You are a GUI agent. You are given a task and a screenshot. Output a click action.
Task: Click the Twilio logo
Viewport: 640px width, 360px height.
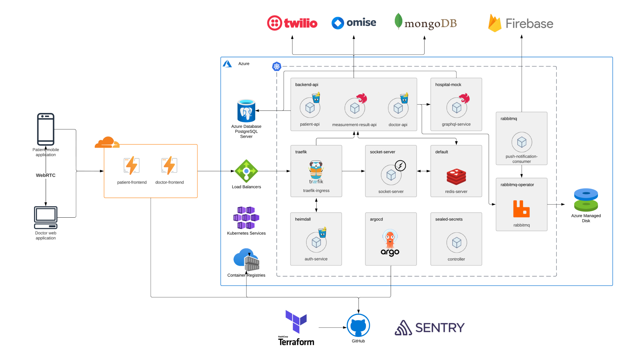coord(292,23)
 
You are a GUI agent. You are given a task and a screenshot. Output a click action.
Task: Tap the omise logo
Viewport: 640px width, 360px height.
coord(354,23)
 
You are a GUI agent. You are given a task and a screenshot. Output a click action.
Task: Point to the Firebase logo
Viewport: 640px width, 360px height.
coord(521,23)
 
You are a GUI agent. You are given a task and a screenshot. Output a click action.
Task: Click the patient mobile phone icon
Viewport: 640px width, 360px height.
coord(46,129)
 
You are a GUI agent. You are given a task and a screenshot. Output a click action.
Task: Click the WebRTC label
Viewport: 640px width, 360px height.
coord(46,175)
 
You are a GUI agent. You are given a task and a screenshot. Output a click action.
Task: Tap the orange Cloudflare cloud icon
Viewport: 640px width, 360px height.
coord(107,142)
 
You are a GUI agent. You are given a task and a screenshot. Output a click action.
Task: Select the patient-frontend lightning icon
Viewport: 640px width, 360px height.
coord(132,166)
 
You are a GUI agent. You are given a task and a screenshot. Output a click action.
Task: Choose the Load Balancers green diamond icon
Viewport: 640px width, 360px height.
coord(246,171)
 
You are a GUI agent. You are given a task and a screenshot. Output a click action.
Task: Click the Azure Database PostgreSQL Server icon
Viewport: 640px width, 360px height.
coord(246,111)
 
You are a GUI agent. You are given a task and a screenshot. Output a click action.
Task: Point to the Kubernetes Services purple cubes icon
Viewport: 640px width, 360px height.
coord(246,218)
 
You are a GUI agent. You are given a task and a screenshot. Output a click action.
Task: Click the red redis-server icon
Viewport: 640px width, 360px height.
coord(456,177)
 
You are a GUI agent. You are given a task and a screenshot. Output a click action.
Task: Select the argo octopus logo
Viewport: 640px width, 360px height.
coord(390,243)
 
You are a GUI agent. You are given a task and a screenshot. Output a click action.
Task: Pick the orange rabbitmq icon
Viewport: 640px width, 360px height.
coord(521,209)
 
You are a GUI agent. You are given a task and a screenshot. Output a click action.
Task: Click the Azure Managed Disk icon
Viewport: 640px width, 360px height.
coord(586,200)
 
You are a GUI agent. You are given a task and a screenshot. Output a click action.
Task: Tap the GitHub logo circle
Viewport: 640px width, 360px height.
coord(358,325)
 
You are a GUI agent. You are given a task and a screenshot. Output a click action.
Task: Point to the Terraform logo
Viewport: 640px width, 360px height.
coord(296,328)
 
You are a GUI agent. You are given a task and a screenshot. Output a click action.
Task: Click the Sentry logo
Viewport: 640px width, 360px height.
coord(430,328)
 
